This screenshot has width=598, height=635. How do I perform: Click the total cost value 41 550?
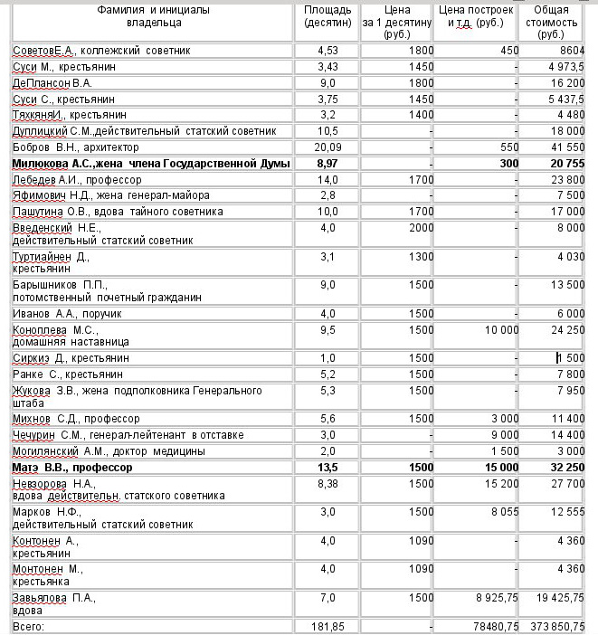[x=569, y=147]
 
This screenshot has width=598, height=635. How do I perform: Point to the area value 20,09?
[x=323, y=147]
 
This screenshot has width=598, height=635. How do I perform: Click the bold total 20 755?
[x=567, y=163]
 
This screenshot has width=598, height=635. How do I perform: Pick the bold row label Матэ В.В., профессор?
[x=72, y=468]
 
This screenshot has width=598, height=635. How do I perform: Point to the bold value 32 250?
[x=567, y=468]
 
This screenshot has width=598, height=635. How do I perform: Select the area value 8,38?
[x=324, y=484]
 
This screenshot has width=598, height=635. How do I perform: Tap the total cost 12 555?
[x=569, y=512]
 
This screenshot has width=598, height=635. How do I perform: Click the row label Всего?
[x=28, y=626]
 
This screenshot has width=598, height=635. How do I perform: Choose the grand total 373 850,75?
[x=555, y=626]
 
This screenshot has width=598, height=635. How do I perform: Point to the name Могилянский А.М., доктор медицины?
[x=109, y=451]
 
